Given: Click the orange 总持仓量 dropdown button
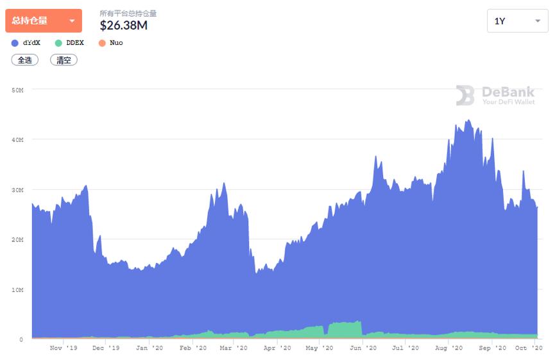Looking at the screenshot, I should tap(43, 21).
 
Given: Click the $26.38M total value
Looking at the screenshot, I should tap(124, 25).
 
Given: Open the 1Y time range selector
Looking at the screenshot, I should tap(517, 21).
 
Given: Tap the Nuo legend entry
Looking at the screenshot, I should tap(111, 43).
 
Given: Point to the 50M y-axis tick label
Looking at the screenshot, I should tap(17, 90).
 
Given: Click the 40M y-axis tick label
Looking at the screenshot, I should tap(17, 140).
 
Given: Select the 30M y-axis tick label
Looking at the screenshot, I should tap(17, 190).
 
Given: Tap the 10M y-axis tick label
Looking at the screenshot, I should tap(17, 289).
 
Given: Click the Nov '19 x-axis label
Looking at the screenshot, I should tap(63, 348).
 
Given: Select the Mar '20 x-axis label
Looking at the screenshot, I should tap(233, 348).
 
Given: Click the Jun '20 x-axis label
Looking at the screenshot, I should tap(363, 348).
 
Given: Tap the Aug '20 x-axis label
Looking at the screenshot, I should tap(448, 348).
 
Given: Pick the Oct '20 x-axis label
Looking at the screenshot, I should tap(529, 348).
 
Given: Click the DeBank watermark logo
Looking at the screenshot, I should tap(495, 96).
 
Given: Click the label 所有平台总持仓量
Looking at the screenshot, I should tap(128, 13).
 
